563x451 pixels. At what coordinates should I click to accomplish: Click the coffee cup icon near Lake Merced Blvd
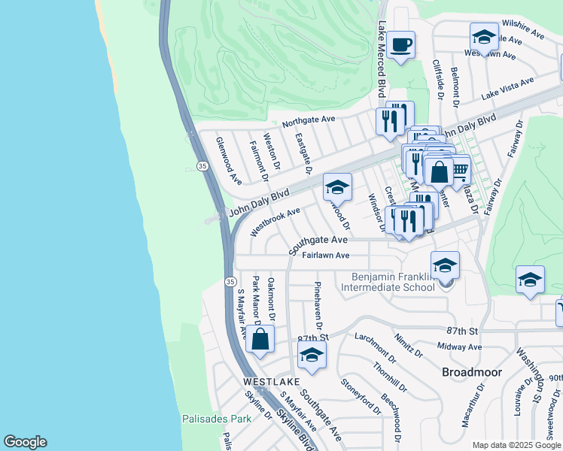tap(400, 44)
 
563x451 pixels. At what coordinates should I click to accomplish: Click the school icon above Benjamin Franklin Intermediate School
tap(445, 265)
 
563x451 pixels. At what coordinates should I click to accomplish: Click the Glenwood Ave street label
tap(228, 160)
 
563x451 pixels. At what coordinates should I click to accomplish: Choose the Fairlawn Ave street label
tap(326, 256)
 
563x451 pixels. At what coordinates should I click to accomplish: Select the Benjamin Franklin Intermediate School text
tap(388, 282)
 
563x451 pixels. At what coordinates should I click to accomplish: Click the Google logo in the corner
tap(25, 442)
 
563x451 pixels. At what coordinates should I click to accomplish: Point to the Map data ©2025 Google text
tap(517, 445)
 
